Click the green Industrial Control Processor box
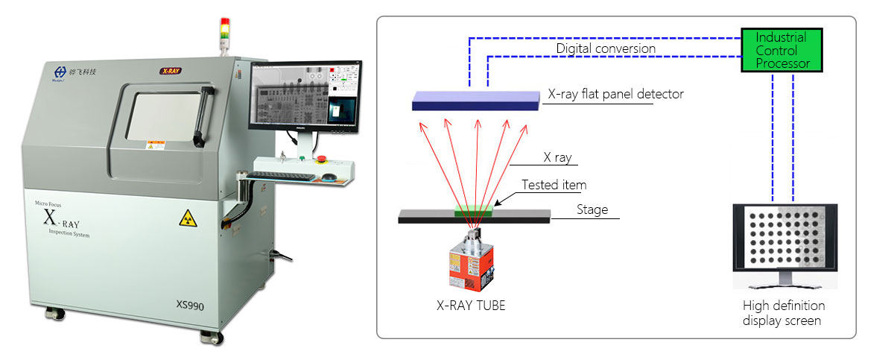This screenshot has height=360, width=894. [782, 50]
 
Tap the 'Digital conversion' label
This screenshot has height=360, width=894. [606, 48]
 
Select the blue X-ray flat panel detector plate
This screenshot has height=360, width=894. [476, 101]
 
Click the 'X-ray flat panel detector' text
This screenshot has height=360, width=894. [615, 95]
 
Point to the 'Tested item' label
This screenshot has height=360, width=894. [554, 185]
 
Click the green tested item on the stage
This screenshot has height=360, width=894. [475, 212]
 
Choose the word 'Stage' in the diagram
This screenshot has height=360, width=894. [592, 209]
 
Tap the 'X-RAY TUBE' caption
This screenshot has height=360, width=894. [471, 305]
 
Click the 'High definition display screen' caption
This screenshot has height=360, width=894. [784, 313]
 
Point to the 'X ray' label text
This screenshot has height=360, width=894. [558, 158]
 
